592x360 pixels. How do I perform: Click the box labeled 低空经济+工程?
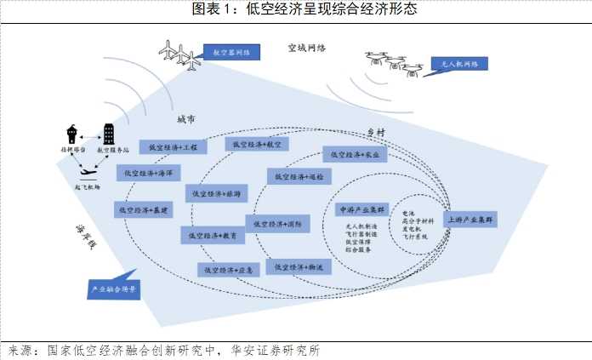(172, 147)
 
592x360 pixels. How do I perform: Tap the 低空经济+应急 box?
(227, 270)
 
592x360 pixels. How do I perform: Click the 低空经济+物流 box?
(297, 266)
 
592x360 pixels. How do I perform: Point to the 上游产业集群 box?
(470, 220)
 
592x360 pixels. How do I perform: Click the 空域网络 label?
(307, 50)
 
